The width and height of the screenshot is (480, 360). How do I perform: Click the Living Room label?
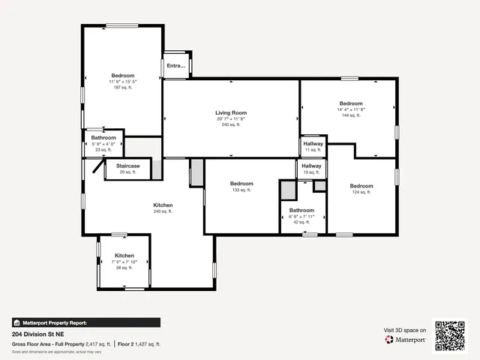(231, 112)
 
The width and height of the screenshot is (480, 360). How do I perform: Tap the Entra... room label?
(175, 66)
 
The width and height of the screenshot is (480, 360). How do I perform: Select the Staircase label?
(127, 166)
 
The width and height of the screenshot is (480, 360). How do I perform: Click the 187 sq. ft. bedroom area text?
(122, 88)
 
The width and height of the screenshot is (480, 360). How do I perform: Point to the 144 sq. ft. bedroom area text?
(350, 115)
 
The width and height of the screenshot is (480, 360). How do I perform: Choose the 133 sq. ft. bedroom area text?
(241, 190)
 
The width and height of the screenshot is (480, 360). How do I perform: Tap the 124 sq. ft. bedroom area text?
(361, 192)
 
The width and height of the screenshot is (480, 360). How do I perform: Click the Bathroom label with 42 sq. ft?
(301, 211)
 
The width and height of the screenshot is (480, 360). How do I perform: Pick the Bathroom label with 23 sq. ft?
(103, 138)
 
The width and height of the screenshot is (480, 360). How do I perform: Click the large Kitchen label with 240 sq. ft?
(163, 205)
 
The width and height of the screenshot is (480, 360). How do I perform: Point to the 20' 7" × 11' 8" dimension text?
(231, 118)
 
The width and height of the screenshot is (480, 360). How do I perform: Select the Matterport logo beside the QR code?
(406, 339)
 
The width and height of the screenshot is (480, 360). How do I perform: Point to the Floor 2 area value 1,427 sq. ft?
(149, 344)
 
